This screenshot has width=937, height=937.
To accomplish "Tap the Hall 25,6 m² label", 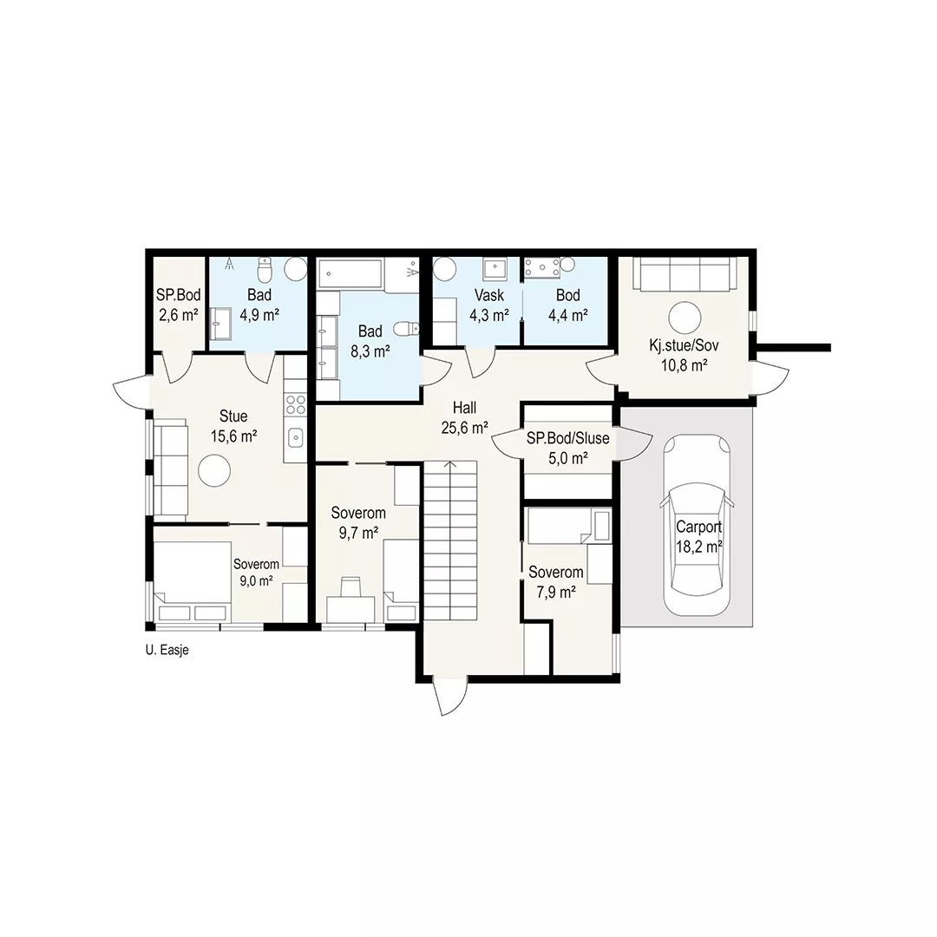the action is point(464,417).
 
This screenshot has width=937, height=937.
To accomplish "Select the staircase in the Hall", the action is point(450,541).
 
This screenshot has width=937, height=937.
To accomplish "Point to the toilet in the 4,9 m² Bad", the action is point(265,270).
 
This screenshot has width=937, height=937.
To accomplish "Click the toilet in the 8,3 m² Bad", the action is point(407,329).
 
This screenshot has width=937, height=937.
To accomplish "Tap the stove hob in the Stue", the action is point(295,404).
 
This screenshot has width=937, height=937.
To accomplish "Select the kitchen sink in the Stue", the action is point(296,437).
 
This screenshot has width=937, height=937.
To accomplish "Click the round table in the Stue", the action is point(214,471).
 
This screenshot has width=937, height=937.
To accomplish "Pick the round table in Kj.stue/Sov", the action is point(685,318).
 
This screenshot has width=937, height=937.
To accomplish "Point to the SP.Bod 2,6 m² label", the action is point(178,305).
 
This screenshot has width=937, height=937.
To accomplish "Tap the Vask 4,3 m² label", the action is point(488,305).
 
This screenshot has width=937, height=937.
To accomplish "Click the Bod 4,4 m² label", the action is point(567,305).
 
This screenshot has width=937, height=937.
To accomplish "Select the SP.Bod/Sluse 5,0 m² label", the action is point(567,449).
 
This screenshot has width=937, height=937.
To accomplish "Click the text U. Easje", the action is point(167,650).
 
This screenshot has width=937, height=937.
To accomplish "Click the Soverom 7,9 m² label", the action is point(556,582).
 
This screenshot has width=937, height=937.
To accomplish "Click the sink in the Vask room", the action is point(495,270).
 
